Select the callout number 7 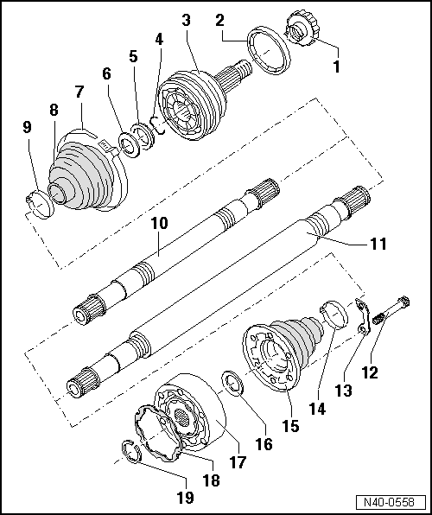pyautogui.click(x=79, y=91)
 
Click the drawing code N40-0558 pyautogui.click(x=395, y=502)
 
